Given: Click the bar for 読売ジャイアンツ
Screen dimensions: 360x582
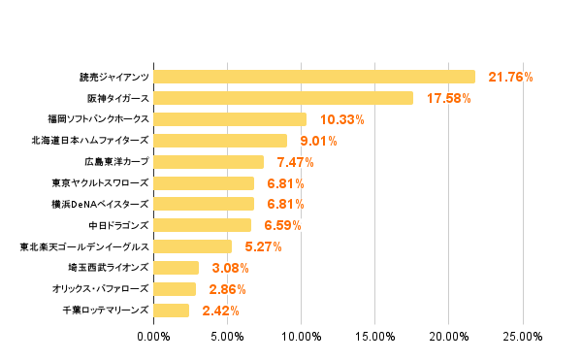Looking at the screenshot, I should click(314, 77).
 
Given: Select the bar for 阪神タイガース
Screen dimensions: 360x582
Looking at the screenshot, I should click(283, 98).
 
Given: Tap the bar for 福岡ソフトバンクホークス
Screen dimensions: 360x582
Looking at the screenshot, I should click(230, 119).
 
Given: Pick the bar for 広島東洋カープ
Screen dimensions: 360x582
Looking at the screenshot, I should click(209, 162).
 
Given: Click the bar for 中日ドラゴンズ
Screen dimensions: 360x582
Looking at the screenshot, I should click(202, 225).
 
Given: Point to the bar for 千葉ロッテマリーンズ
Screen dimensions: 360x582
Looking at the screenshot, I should click(172, 311).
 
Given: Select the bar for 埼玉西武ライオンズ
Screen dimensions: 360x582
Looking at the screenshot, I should click(177, 268).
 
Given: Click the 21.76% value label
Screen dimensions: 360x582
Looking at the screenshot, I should click(511, 77).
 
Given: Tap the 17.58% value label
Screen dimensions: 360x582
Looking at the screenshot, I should click(449, 98).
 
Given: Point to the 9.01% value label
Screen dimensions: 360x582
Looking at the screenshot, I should click(318, 141).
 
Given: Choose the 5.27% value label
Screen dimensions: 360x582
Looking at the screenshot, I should click(262, 246).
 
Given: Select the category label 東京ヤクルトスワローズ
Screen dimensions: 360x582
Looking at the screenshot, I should click(101, 183).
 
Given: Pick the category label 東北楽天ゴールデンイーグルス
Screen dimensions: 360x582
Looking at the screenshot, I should click(84, 246).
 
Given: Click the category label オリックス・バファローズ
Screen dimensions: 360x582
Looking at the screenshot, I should click(101, 289).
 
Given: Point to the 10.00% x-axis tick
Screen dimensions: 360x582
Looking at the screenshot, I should click(302, 337).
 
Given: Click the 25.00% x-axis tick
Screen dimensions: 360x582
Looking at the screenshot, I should click(523, 337).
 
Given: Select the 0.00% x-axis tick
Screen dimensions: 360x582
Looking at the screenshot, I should click(154, 337).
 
